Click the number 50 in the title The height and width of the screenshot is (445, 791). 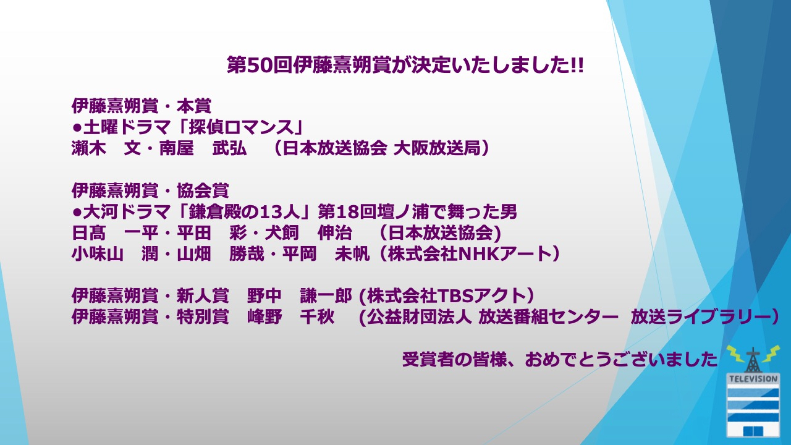[260, 66]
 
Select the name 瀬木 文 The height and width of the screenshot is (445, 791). [106, 148]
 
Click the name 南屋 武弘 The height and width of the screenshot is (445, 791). [203, 148]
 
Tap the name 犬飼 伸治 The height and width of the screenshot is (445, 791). [308, 233]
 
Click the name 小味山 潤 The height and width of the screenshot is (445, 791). [115, 254]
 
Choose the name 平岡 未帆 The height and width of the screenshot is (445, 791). [326, 254]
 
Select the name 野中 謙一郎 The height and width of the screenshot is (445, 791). [300, 296]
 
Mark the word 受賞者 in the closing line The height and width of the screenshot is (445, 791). [428, 360]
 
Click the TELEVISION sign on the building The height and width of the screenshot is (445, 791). [753, 379]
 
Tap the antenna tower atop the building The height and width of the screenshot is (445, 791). [753, 360]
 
